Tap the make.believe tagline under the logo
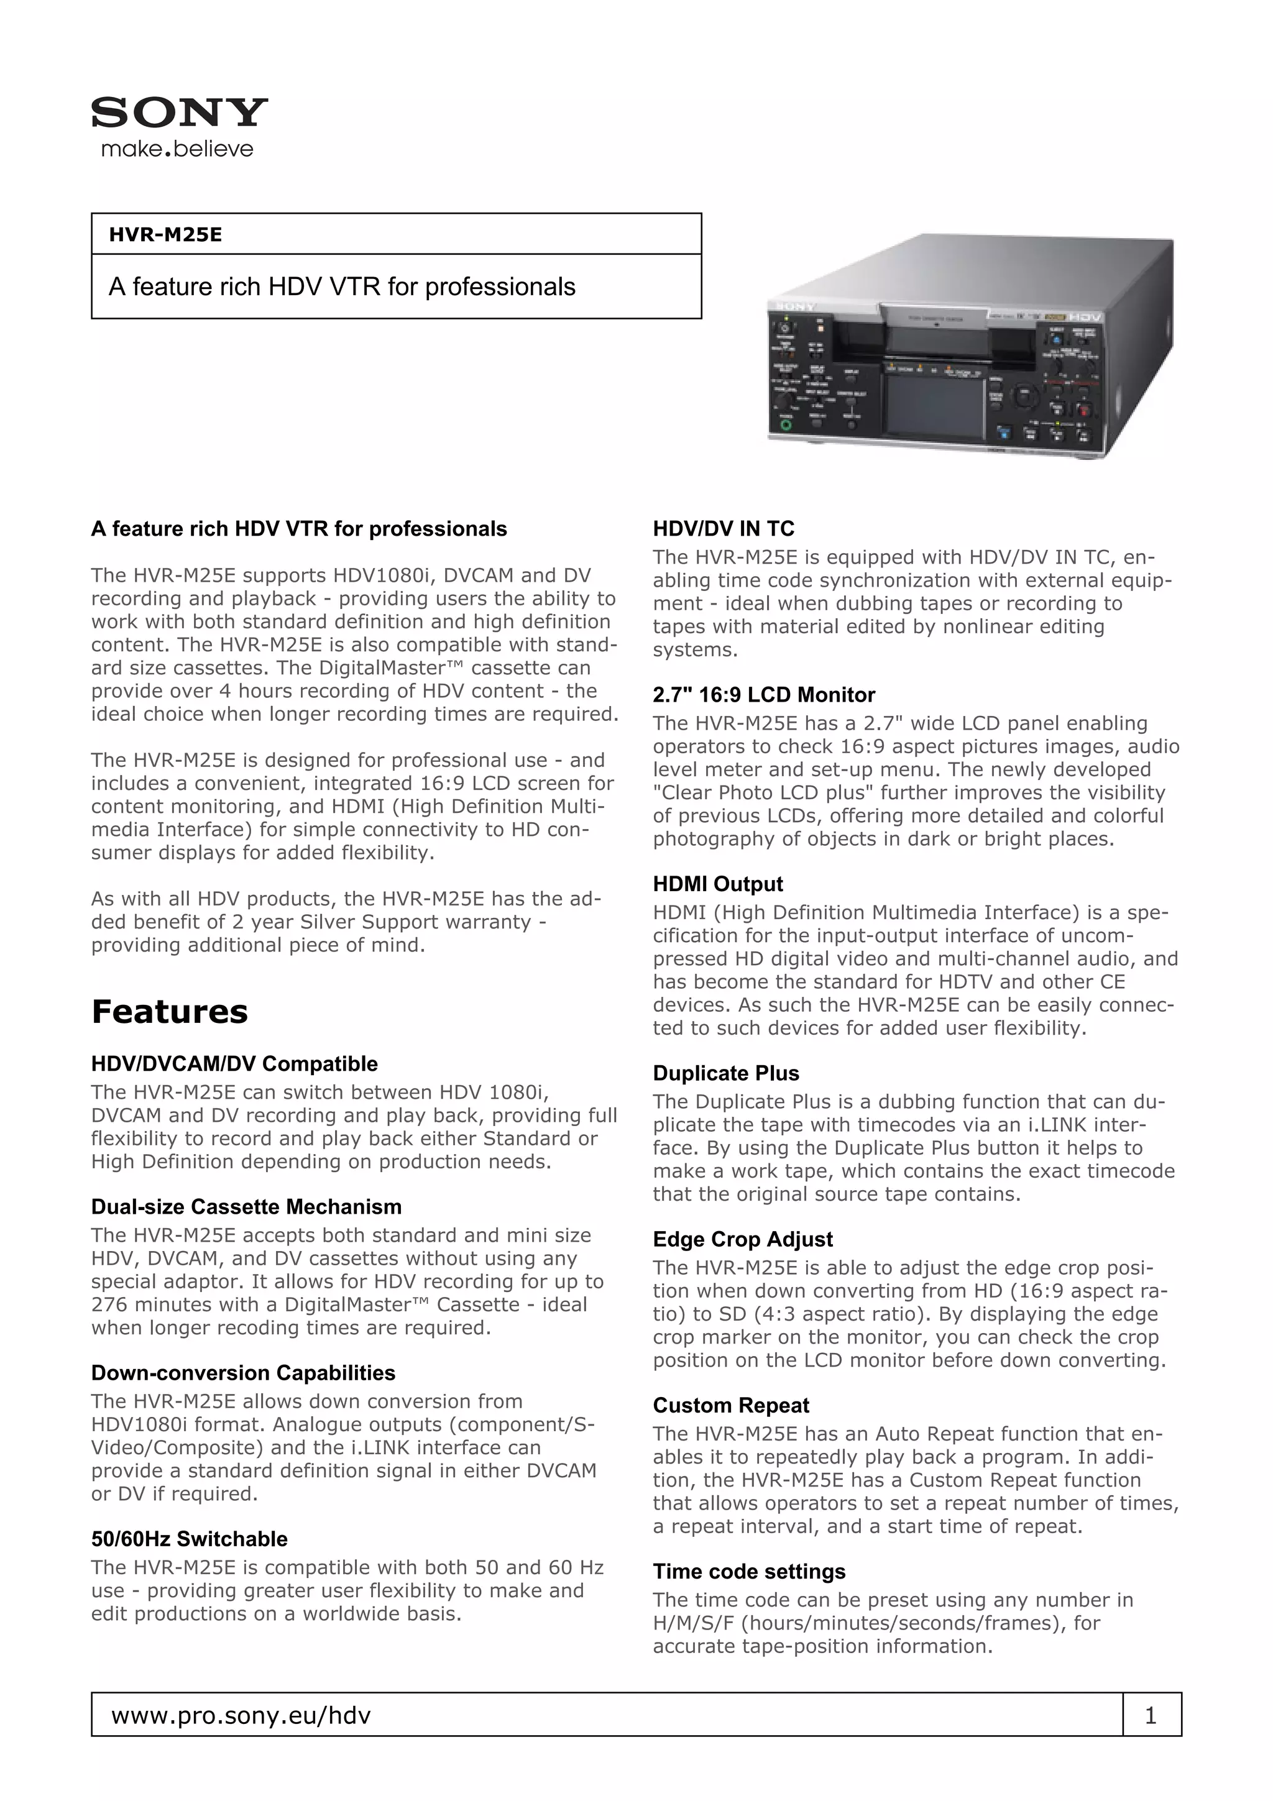pyautogui.click(x=177, y=149)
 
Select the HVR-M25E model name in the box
pyautogui.click(x=165, y=234)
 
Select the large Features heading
pyautogui.click(x=170, y=1012)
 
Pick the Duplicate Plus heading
pyautogui.click(x=725, y=1073)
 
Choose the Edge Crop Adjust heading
pyautogui.click(x=742, y=1239)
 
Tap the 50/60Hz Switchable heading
pyautogui.click(x=189, y=1539)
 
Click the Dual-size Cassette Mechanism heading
pyautogui.click(x=246, y=1206)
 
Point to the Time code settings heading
pyautogui.click(x=748, y=1571)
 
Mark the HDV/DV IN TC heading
pyautogui.click(x=723, y=529)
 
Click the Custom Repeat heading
pyautogui.click(x=730, y=1405)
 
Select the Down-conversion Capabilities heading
pyautogui.click(x=243, y=1373)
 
